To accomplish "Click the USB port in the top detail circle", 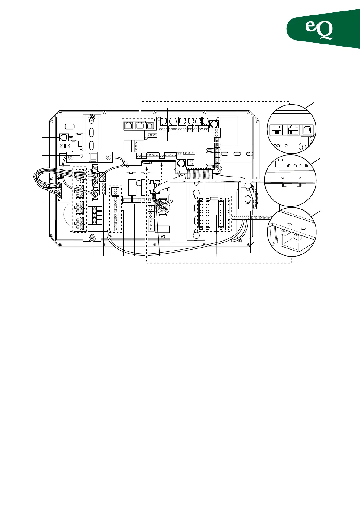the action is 308,130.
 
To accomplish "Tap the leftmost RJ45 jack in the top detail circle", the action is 276,130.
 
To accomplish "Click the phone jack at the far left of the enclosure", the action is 63,137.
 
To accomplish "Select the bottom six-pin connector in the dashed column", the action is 80,224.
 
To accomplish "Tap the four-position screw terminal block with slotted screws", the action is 95,215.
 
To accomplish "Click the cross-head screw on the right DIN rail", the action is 250,154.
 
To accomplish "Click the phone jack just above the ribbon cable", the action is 181,164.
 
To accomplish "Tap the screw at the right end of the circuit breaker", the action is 108,157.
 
